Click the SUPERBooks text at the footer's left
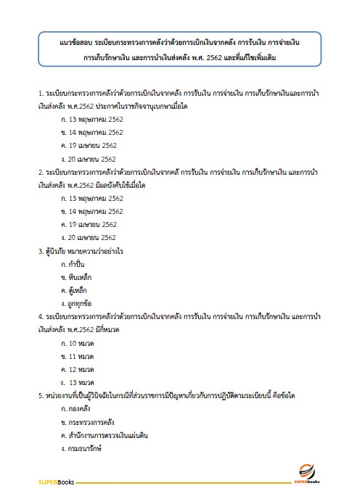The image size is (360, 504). coord(55,481)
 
